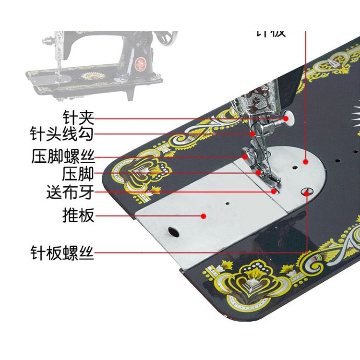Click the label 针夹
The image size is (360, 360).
[78, 117]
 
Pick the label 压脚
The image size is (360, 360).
[78, 173]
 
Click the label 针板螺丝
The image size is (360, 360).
[62, 252]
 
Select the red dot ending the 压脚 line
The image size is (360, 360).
[258, 173]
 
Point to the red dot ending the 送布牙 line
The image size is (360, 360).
[274, 191]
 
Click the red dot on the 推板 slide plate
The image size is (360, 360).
[204, 216]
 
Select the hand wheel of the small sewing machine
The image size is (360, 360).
[166, 38]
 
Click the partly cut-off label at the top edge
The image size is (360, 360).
[271, 33]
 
